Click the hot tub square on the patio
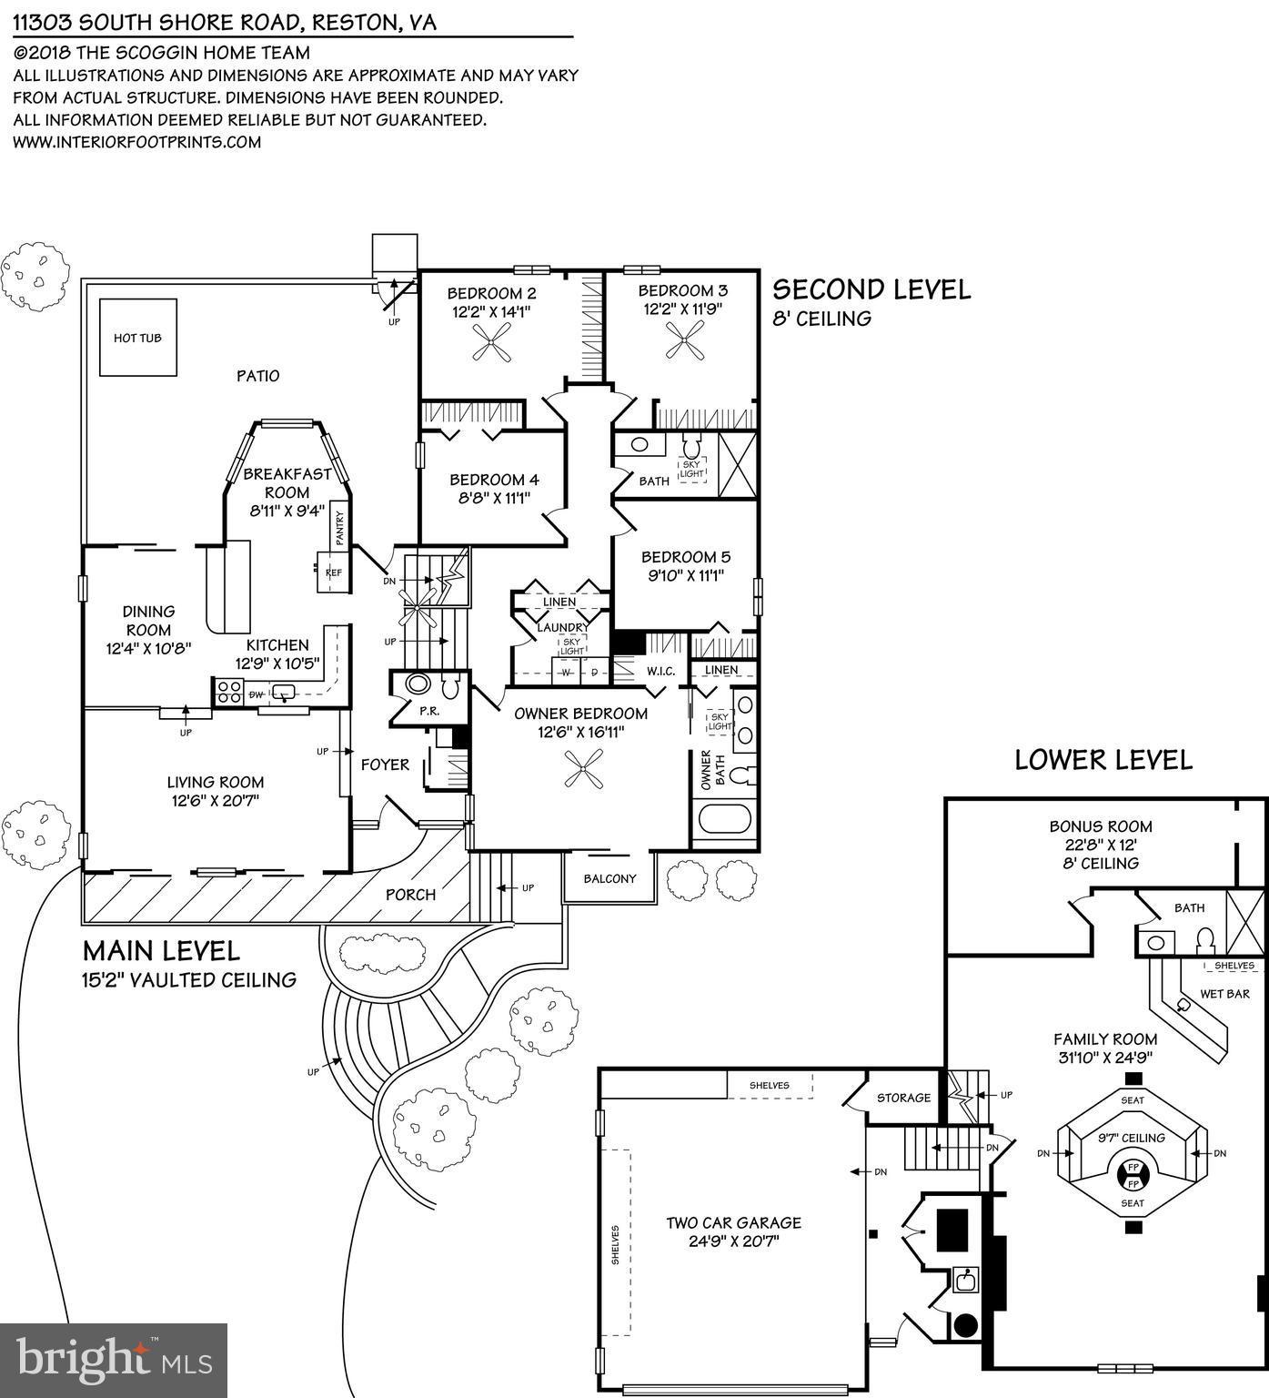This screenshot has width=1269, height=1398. tap(137, 337)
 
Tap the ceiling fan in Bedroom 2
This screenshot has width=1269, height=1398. tap(492, 346)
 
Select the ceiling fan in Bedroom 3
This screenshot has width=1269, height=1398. tap(684, 346)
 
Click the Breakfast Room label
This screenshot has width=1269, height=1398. tap(287, 483)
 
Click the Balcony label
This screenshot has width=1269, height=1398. tap(609, 878)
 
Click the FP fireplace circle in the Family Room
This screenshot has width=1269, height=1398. tap(1133, 1175)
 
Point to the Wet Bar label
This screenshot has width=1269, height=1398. tap(1224, 994)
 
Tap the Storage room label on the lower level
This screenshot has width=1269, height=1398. tap(903, 1098)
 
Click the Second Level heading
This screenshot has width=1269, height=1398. tap(871, 289)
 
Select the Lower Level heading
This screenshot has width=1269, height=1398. tap(1103, 759)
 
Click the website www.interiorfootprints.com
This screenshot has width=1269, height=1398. tap(137, 142)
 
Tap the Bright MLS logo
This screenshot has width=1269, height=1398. tap(114, 1360)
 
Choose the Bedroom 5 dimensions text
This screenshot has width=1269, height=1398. tap(686, 575)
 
